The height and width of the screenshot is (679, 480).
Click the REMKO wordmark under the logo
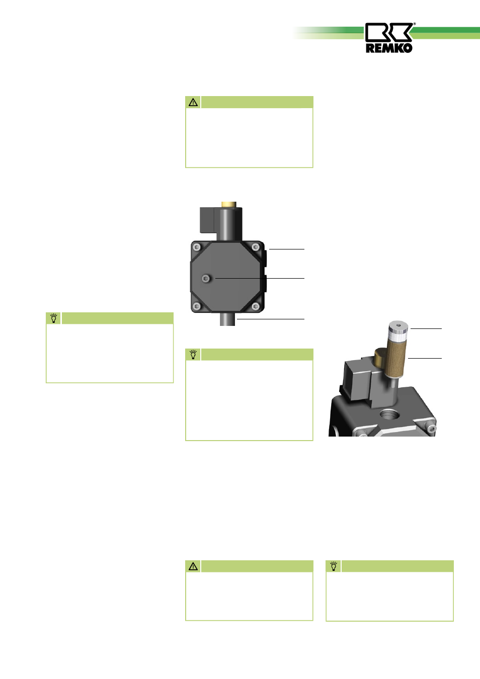pyautogui.click(x=389, y=48)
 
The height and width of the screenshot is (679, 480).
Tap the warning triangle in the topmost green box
pyautogui.click(x=193, y=102)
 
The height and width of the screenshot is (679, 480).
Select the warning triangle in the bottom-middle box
pyautogui.click(x=193, y=566)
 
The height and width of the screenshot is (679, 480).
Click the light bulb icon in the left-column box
pyautogui.click(x=54, y=318)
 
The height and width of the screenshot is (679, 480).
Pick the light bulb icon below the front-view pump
pyautogui.click(x=193, y=355)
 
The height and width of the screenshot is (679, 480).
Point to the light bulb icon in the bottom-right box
pyautogui.click(x=334, y=566)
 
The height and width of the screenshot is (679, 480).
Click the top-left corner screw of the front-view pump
pyautogui.click(x=197, y=247)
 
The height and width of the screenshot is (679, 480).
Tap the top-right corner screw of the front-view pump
pyautogui.click(x=256, y=247)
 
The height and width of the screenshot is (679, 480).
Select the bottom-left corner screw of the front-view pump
pyautogui.click(x=197, y=306)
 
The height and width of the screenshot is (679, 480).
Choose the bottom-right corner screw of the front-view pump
pyautogui.click(x=256, y=306)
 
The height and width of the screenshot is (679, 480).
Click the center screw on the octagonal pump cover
pyautogui.click(x=206, y=278)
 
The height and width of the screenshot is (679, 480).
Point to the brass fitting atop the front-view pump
pyautogui.click(x=228, y=204)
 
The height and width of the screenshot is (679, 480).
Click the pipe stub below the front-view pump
pyautogui.click(x=227, y=319)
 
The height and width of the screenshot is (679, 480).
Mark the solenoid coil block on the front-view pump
pyautogui.click(x=207, y=220)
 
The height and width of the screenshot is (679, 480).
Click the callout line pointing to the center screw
pyautogui.click(x=260, y=278)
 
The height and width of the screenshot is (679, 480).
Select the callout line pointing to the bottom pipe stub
pyautogui.click(x=271, y=319)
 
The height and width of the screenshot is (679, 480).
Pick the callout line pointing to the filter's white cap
pyautogui.click(x=426, y=328)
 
